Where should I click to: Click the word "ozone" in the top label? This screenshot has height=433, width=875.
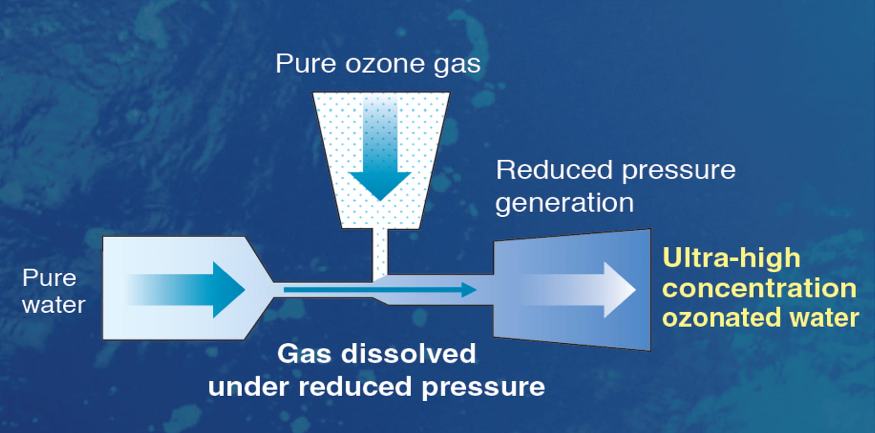tap(378, 64)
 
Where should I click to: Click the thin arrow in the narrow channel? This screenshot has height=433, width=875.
tap(379, 289)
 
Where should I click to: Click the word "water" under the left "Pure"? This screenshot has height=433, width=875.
tap(53, 305)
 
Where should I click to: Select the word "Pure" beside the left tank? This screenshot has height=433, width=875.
tap(49, 278)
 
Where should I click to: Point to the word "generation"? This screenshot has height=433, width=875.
tap(564, 203)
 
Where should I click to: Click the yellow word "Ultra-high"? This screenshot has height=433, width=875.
tap(731, 258)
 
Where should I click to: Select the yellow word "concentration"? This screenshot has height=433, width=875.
tap(759, 288)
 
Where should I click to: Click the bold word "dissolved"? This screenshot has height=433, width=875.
tap(408, 354)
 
